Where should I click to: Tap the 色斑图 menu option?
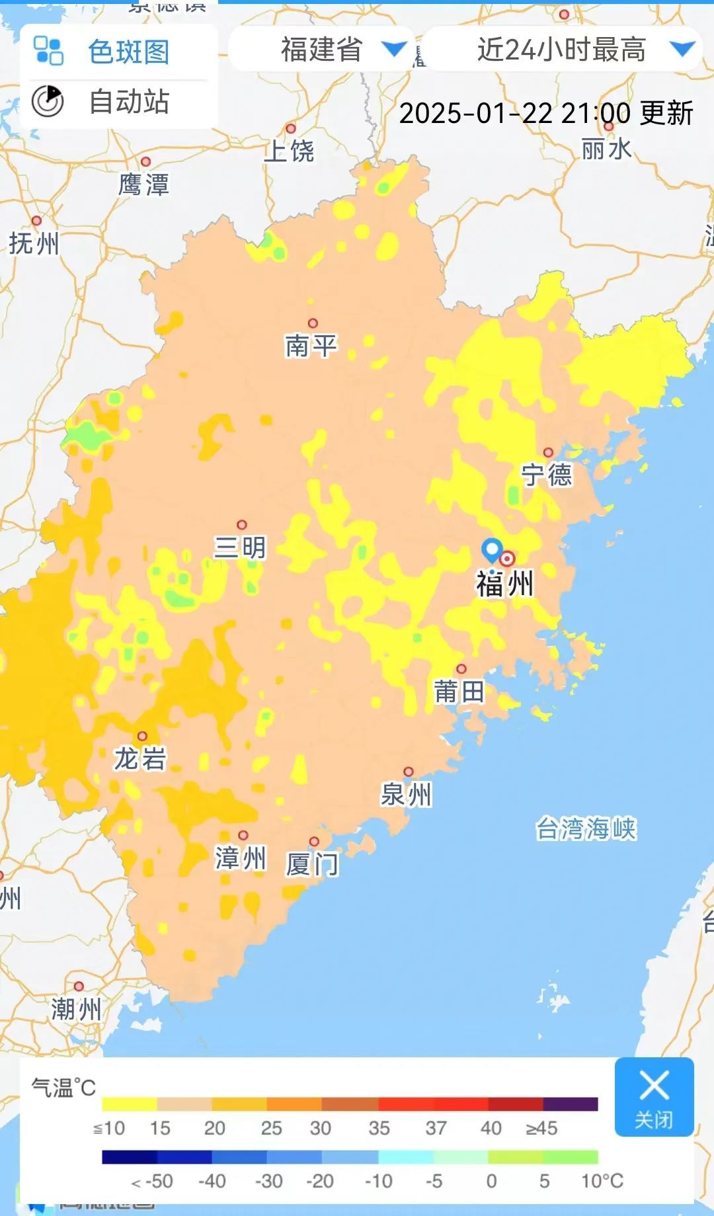coord(128,52)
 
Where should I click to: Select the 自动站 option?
coord(128,102)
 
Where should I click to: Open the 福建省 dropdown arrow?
coord(395,49)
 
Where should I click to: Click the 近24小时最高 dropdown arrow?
coord(682,49)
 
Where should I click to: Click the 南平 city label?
coord(311,345)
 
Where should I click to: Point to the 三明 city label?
coord(240,547)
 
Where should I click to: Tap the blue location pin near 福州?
coord(492,549)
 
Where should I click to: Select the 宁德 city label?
coord(547,475)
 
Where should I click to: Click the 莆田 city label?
coord(459,692)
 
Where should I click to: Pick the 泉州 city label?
coord(406,794)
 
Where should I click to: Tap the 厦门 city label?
coord(312,864)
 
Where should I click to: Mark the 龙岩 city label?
coord(140,758)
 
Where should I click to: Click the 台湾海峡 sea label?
coord(586,828)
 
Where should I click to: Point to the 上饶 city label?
coord(289,151)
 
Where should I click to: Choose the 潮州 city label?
coord(77,1010)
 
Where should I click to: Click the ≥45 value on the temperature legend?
coord(541,1128)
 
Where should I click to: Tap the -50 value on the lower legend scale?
coord(153,1182)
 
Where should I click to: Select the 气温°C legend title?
coord(63,1087)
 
